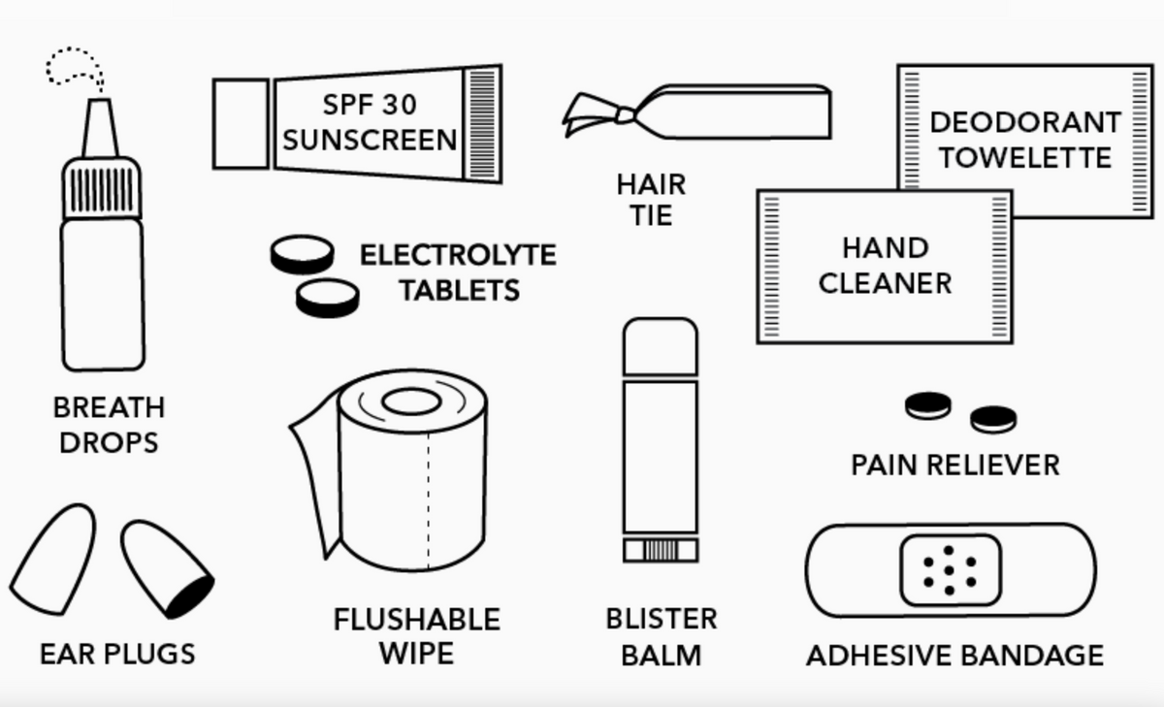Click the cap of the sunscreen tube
click(x=241, y=124)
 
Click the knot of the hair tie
click(x=625, y=115)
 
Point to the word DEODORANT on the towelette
click(x=1025, y=123)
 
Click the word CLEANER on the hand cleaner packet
click(x=885, y=283)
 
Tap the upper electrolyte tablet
click(x=302, y=254)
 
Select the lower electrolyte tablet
click(x=328, y=298)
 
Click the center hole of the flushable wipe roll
click(x=411, y=402)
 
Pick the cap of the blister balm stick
click(x=661, y=346)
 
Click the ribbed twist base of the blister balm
click(x=661, y=551)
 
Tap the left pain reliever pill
click(x=928, y=405)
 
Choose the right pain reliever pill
click(x=993, y=419)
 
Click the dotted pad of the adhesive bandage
click(x=951, y=570)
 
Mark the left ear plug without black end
click(x=54, y=560)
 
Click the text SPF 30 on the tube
click(x=370, y=105)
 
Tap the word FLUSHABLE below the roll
click(x=417, y=620)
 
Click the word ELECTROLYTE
click(x=458, y=255)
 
